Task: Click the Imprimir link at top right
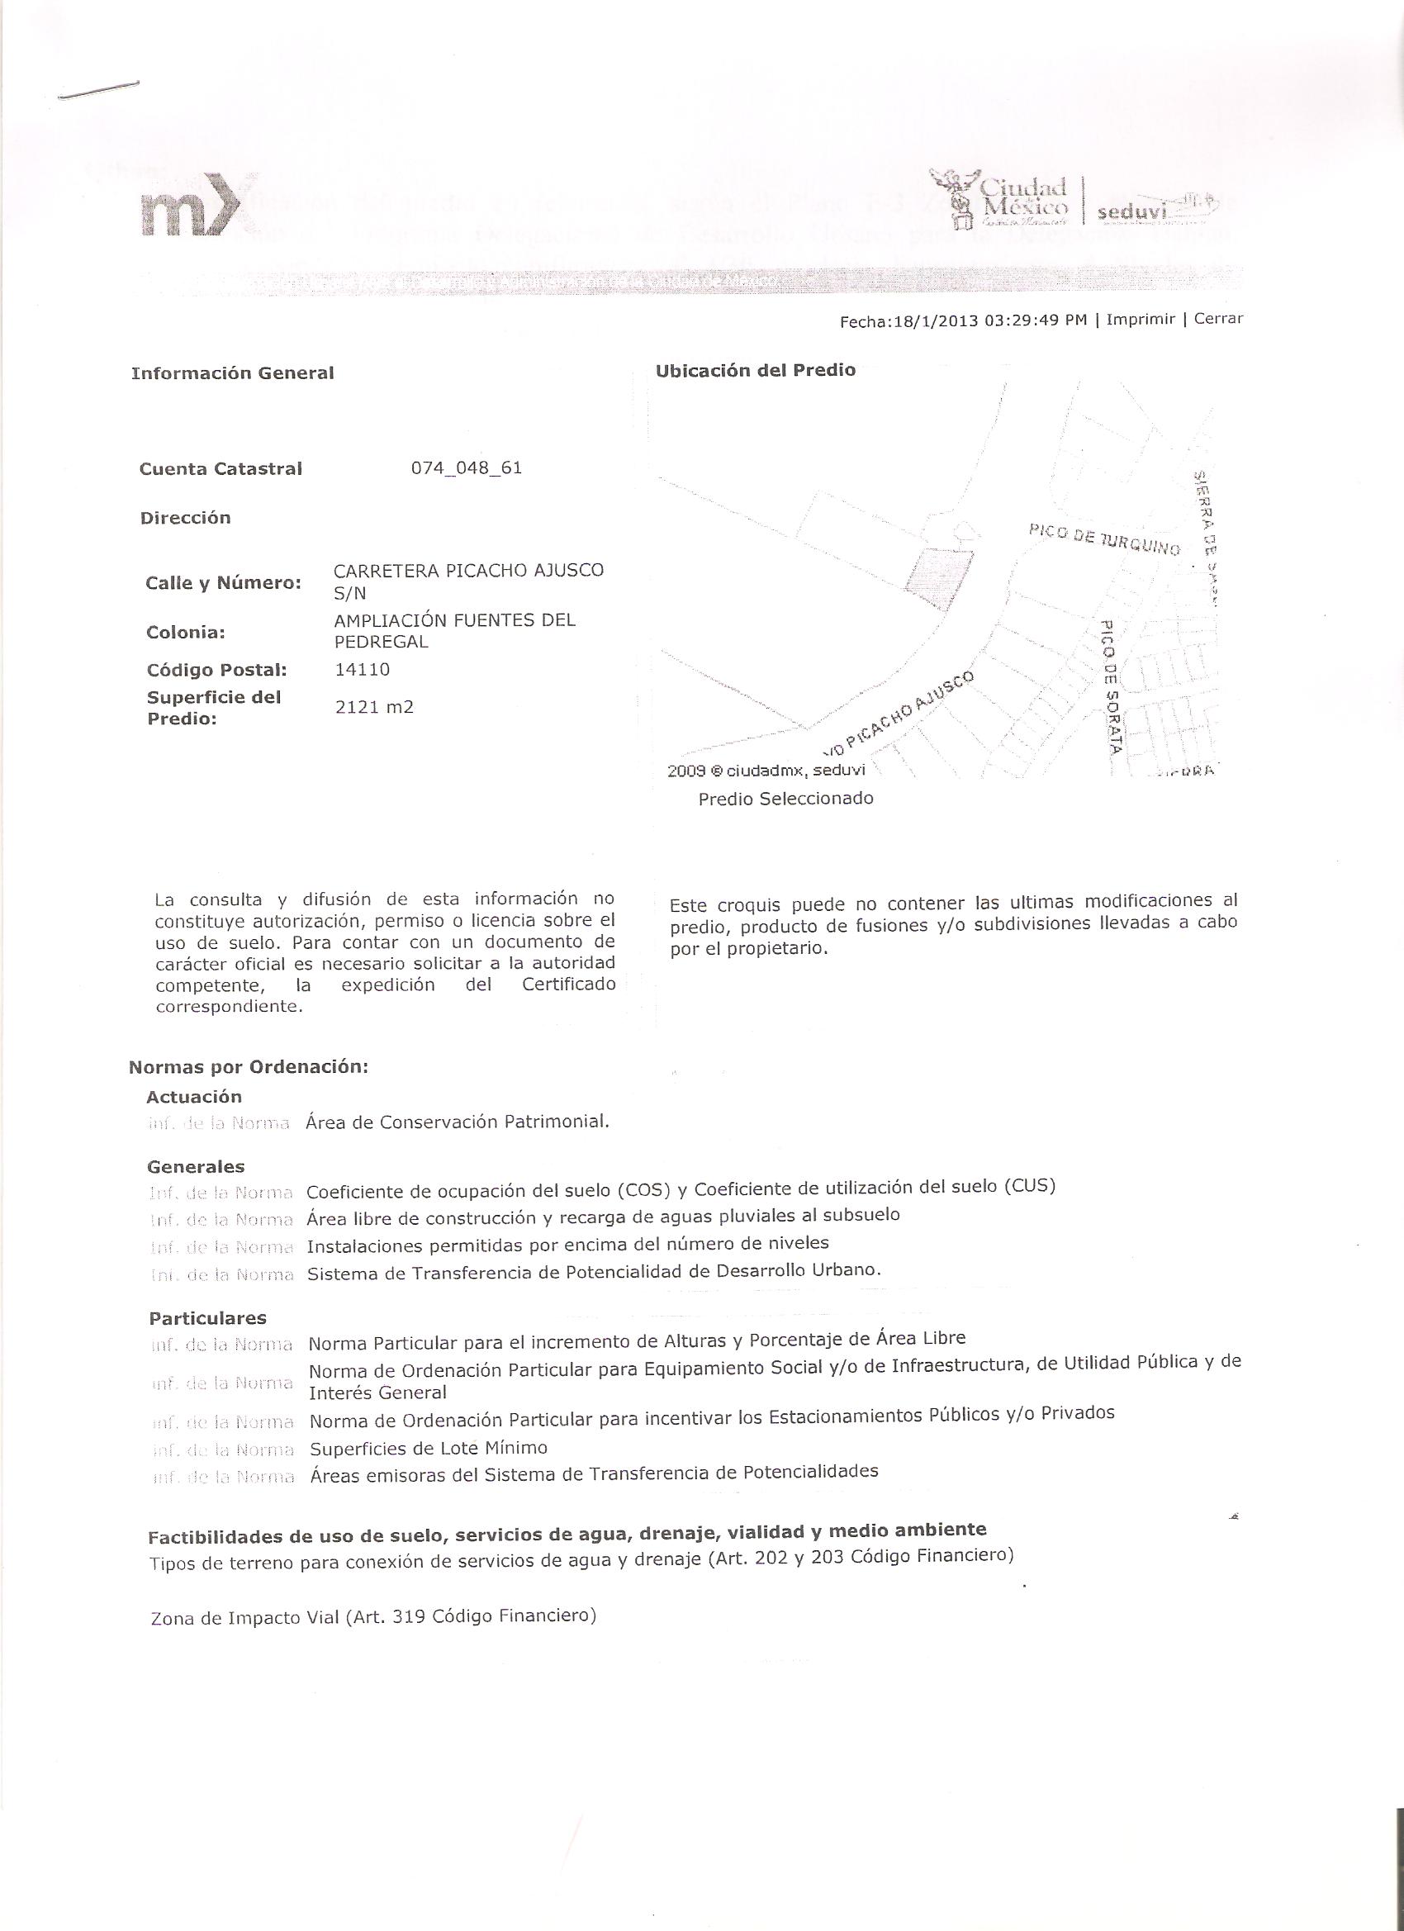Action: pyautogui.click(x=1140, y=320)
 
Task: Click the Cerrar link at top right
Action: pyautogui.click(x=1218, y=319)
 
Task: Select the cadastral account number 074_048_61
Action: pyautogui.click(x=467, y=468)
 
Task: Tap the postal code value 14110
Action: pyautogui.click(x=363, y=669)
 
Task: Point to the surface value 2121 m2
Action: pyautogui.click(x=375, y=707)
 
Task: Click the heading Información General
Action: pyautogui.click(x=232, y=373)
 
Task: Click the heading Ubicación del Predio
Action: pyautogui.click(x=755, y=370)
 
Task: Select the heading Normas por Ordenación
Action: pyautogui.click(x=248, y=1068)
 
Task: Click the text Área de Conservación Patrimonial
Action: pyautogui.click(x=458, y=1122)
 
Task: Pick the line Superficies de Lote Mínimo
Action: pyautogui.click(x=429, y=1449)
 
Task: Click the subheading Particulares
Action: pyautogui.click(x=208, y=1318)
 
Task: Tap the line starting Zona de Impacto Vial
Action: pyautogui.click(x=373, y=1616)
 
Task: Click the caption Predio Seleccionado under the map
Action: pyautogui.click(x=785, y=799)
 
